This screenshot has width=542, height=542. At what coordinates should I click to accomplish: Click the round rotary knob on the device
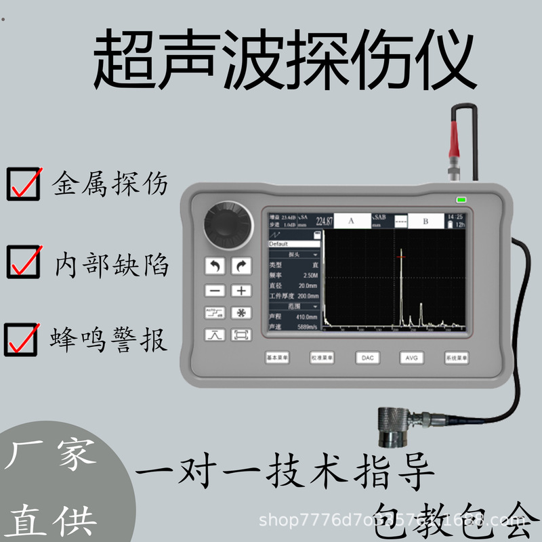(x=228, y=224)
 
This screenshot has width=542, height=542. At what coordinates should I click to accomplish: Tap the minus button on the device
(x=215, y=290)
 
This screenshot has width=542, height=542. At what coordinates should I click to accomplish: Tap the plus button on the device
(x=241, y=290)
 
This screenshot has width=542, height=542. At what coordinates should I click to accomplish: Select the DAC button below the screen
(x=367, y=357)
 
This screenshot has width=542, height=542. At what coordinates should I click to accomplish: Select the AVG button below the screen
(x=411, y=357)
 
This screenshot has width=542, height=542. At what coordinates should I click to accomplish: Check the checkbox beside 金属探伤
(x=22, y=184)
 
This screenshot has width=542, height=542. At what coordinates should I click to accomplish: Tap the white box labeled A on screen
(x=352, y=221)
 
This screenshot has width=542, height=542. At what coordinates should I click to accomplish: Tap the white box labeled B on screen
(x=425, y=221)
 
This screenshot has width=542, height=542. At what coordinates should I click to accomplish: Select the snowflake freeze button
(x=241, y=312)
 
